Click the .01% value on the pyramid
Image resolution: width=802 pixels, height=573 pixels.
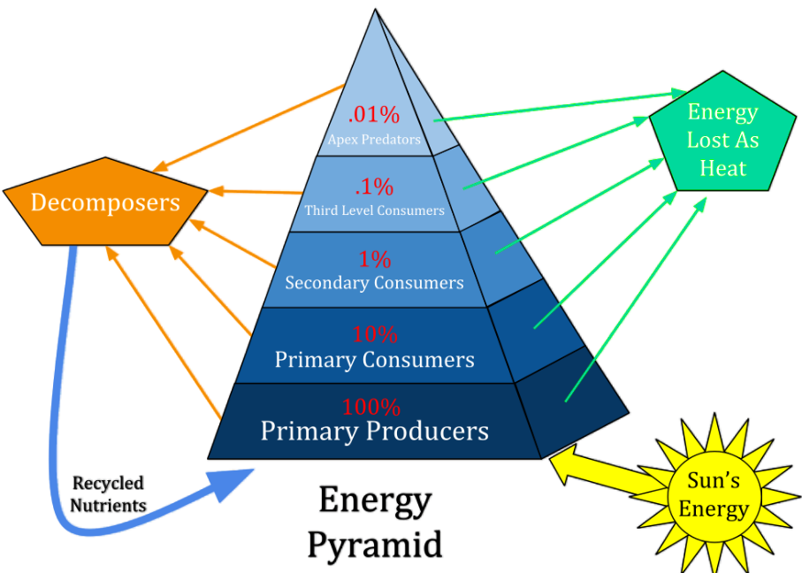pyautogui.click(x=374, y=115)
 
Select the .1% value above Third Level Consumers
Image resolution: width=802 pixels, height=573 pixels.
pyautogui.click(x=374, y=187)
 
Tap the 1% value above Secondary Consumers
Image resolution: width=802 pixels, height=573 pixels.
pyautogui.click(x=374, y=259)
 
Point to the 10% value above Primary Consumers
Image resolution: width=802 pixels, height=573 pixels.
pyautogui.click(x=374, y=335)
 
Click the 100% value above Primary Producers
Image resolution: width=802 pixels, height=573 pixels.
pyautogui.click(x=371, y=408)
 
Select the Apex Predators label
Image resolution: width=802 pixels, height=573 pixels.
pyautogui.click(x=374, y=139)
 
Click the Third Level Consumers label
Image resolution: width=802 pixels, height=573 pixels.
pyautogui.click(x=374, y=210)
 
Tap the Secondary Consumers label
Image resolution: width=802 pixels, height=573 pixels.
pyautogui.click(x=374, y=283)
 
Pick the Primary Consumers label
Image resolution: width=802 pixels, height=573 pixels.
pyautogui.click(x=374, y=360)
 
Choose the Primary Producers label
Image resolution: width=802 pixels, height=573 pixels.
pyautogui.click(x=374, y=432)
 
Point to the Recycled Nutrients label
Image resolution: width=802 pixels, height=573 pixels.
pyautogui.click(x=109, y=494)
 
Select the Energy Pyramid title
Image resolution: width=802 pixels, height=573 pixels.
pyautogui.click(x=374, y=523)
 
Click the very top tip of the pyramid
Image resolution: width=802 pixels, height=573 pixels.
pyautogui.click(x=375, y=11)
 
